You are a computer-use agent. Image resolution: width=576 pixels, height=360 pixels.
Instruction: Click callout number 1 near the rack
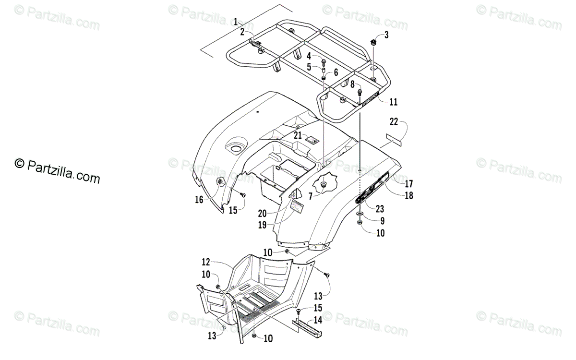coord(236,21)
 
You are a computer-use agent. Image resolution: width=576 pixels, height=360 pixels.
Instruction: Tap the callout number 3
coord(386,35)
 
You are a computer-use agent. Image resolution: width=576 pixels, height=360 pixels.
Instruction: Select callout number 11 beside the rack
coord(393,102)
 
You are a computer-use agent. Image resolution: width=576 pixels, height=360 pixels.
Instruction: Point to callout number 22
coord(394,122)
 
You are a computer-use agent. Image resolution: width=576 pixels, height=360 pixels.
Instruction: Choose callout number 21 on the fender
coord(298,136)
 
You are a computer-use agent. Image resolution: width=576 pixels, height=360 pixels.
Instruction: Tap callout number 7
coord(311,196)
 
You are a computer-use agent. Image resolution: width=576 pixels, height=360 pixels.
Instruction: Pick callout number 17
coord(408,183)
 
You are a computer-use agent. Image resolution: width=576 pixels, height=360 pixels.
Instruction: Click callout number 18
coord(408,195)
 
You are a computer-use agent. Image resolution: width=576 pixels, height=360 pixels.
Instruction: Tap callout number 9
coord(382,221)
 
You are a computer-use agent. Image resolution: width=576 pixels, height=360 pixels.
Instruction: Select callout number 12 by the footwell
coord(205,262)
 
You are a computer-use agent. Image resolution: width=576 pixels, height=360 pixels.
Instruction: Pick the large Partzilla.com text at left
coord(58,171)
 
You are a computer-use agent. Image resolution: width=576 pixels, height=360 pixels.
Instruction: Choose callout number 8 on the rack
coord(352,84)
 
